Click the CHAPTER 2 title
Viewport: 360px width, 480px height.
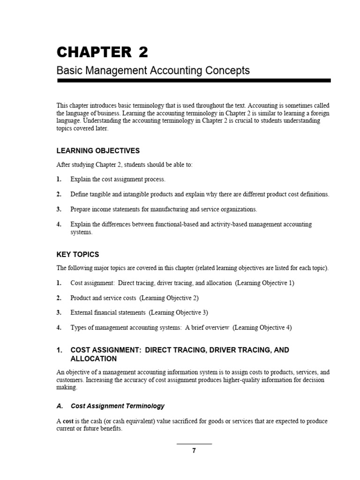[102, 52]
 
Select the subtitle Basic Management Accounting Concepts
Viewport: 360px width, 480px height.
[153, 71]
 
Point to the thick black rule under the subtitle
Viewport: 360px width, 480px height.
[194, 81]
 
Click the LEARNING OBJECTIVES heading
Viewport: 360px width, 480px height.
[98, 150]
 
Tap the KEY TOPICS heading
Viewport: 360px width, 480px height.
[78, 255]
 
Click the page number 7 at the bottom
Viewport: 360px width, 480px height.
[194, 451]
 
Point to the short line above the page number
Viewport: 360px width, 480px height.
[194, 443]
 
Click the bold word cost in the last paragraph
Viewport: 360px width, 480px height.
[68, 421]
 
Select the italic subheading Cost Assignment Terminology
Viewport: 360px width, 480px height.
[117, 406]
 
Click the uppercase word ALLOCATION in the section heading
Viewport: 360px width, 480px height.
[93, 359]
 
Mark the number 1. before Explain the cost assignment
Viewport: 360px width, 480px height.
[59, 179]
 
